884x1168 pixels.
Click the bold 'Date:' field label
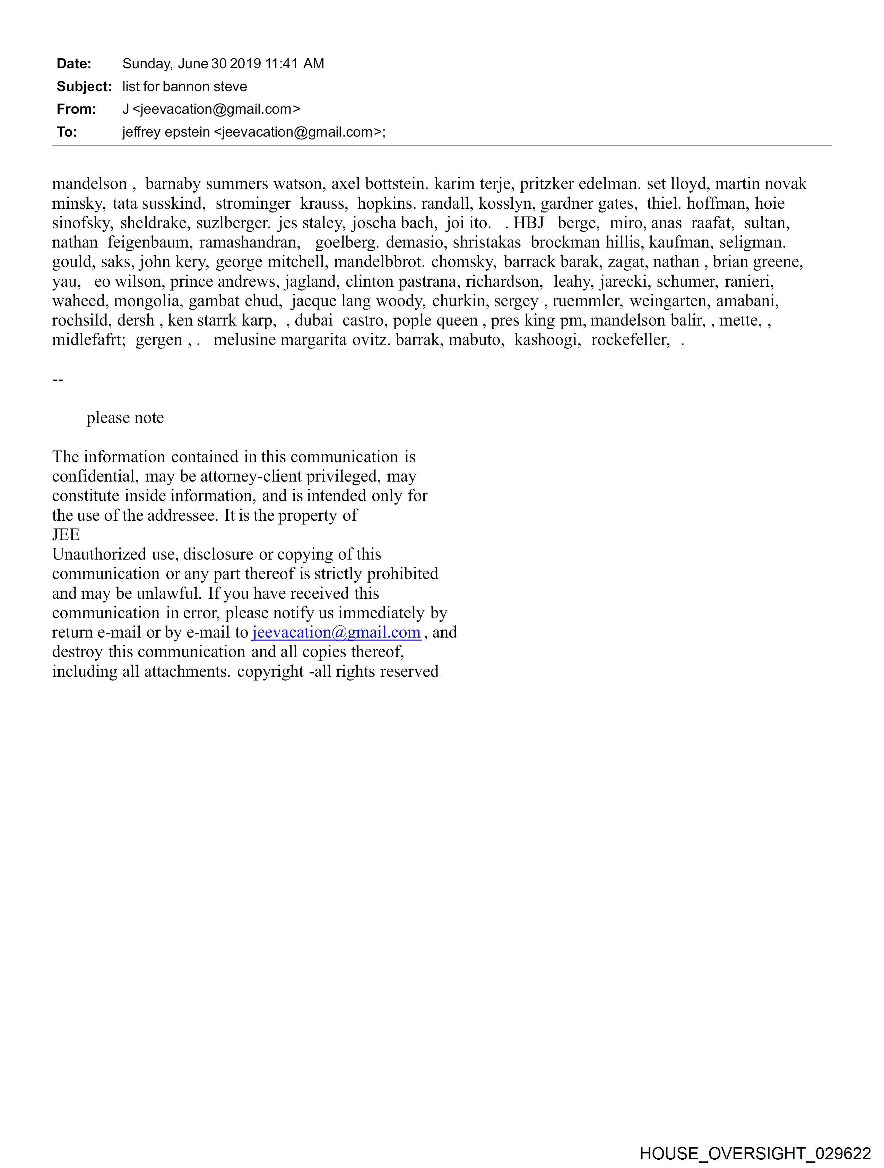(x=74, y=64)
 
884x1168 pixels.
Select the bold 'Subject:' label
(x=84, y=87)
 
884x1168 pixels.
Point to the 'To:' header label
(x=67, y=132)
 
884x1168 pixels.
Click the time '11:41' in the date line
(x=281, y=64)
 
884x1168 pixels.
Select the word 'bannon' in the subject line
(x=185, y=87)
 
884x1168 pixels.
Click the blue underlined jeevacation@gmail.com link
(x=336, y=632)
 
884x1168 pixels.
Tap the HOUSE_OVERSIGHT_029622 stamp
(x=755, y=1153)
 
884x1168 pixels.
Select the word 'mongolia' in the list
(x=146, y=301)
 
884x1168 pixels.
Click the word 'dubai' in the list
(x=314, y=320)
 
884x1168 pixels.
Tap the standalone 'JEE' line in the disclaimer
(x=66, y=535)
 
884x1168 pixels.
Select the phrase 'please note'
(x=125, y=418)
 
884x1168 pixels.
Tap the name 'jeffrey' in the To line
(x=141, y=132)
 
